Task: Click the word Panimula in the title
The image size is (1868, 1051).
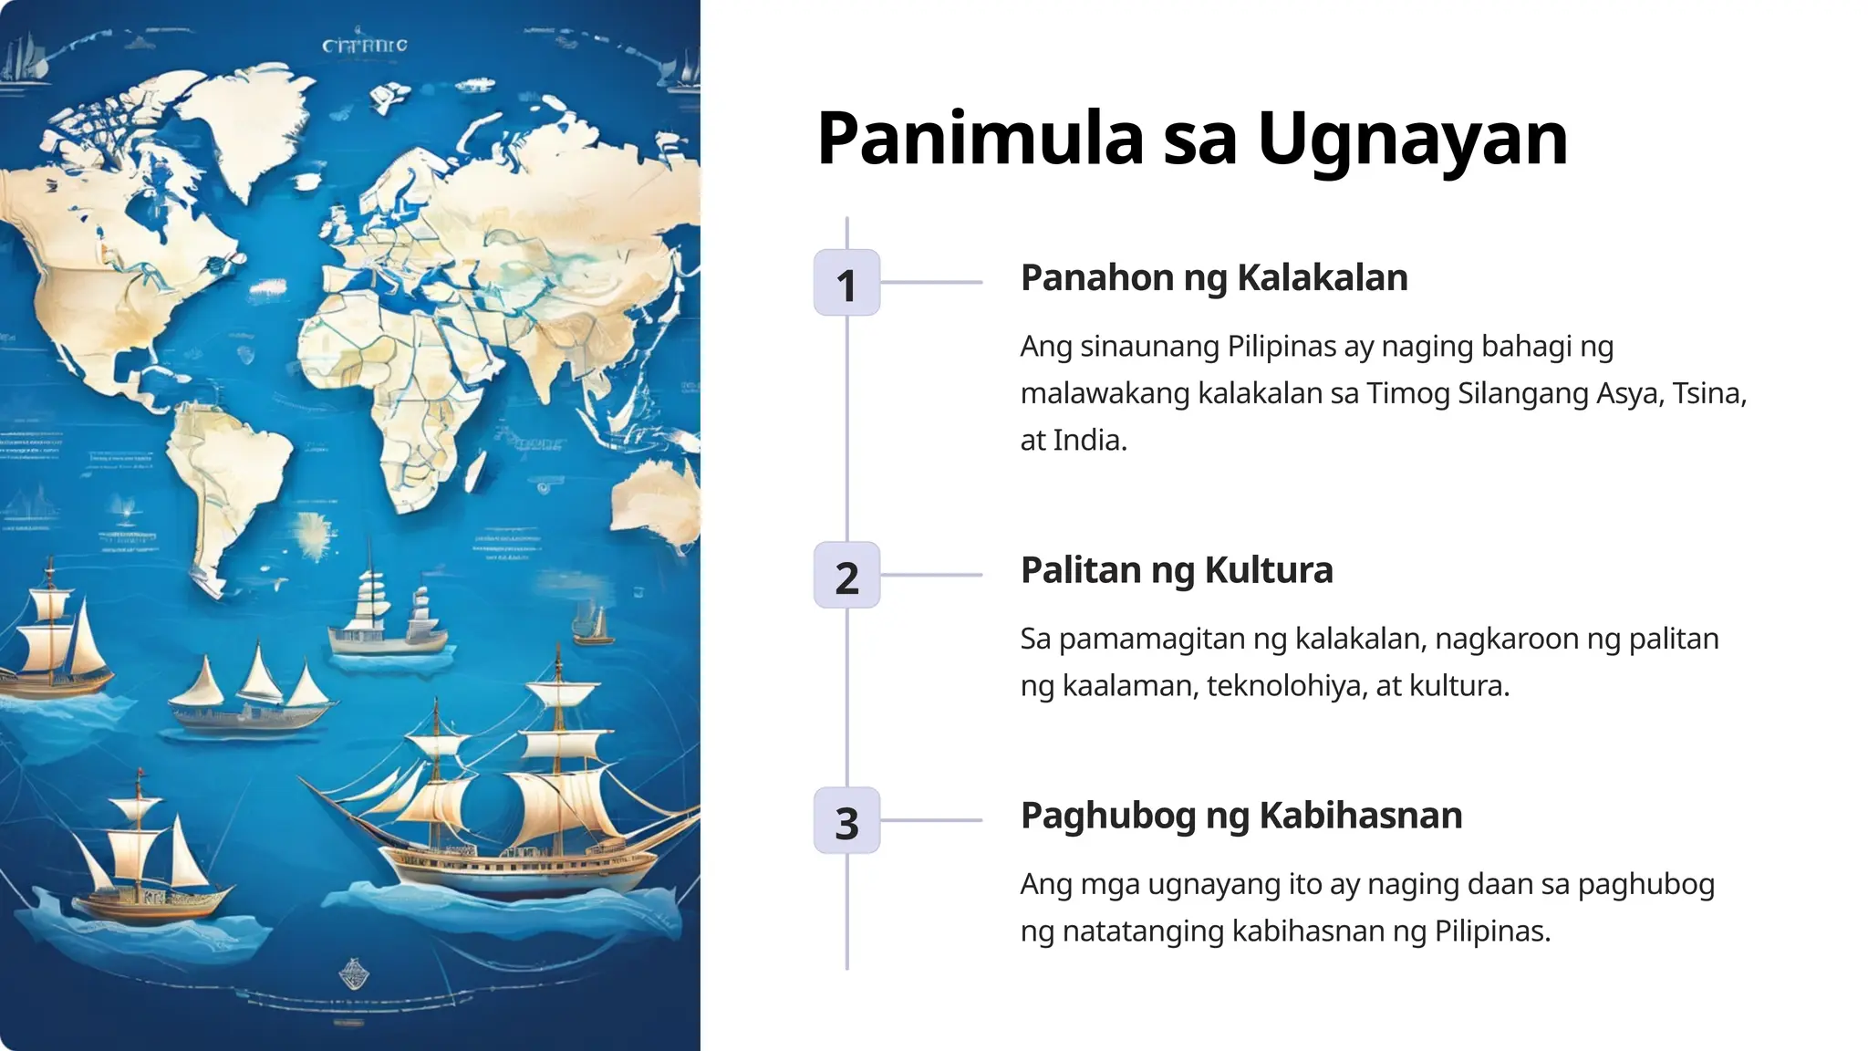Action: [x=980, y=139]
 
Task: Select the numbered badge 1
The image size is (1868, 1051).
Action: [x=846, y=283]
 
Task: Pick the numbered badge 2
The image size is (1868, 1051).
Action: [x=846, y=576]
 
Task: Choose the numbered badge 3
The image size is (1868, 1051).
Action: [x=846, y=821]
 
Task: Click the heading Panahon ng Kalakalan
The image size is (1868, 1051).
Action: [x=1213, y=278]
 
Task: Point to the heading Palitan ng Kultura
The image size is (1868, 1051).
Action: [x=1176, y=570]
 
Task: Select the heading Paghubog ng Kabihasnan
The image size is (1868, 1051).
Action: [x=1240, y=816]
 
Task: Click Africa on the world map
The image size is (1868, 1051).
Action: [x=401, y=383]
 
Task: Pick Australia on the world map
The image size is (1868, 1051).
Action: [x=657, y=497]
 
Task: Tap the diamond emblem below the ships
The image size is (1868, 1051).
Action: [x=354, y=974]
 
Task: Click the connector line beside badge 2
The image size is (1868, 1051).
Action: [x=930, y=576]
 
